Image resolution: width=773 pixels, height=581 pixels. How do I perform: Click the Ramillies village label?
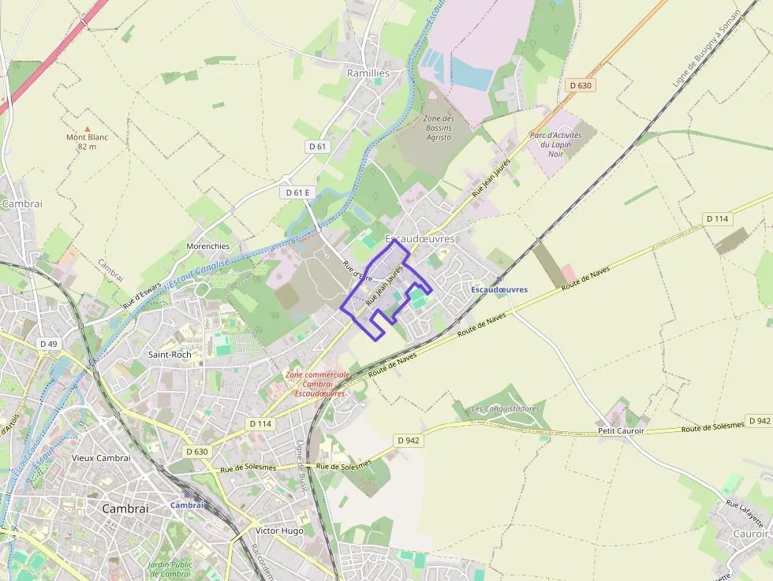pyautogui.click(x=368, y=73)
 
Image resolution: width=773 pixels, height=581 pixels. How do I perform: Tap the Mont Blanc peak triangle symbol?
pyautogui.click(x=87, y=128)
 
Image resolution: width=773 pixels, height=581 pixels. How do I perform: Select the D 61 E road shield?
pyautogui.click(x=297, y=192)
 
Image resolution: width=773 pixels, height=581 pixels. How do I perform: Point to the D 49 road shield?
pyautogui.click(x=49, y=344)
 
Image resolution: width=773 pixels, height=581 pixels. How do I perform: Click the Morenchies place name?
pyautogui.click(x=207, y=246)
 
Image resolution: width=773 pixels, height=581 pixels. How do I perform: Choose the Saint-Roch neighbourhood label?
pyautogui.click(x=170, y=355)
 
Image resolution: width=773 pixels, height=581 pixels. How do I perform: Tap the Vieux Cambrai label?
pyautogui.click(x=100, y=458)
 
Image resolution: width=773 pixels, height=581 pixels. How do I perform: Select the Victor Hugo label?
pyautogui.click(x=279, y=531)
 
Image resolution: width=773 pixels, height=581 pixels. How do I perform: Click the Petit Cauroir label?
pyautogui.click(x=621, y=430)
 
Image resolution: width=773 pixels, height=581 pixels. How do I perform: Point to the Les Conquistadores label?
pyautogui.click(x=505, y=409)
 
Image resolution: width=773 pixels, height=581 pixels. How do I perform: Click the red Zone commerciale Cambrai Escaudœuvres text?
pyautogui.click(x=316, y=384)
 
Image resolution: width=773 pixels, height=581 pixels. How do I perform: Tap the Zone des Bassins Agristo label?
pyautogui.click(x=438, y=128)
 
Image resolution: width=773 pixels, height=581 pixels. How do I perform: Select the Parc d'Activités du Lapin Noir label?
pyautogui.click(x=555, y=144)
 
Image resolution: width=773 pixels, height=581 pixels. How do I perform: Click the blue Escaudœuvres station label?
pyautogui.click(x=499, y=289)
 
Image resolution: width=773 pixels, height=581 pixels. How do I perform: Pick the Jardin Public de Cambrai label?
pyautogui.click(x=170, y=568)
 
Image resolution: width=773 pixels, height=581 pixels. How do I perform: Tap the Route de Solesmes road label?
pyautogui.click(x=712, y=426)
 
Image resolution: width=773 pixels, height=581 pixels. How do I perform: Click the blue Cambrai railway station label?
pyautogui.click(x=187, y=505)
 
